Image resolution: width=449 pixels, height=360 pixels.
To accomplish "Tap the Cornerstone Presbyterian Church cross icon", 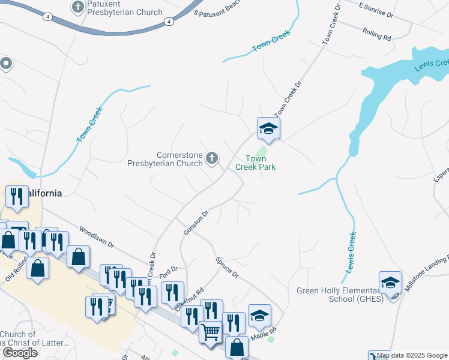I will click(x=211, y=158).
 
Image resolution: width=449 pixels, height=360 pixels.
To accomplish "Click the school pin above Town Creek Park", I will click(x=268, y=128).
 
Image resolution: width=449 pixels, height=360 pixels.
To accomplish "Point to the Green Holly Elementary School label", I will click(x=340, y=295).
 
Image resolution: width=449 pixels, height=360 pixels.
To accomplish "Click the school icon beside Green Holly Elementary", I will click(x=390, y=283).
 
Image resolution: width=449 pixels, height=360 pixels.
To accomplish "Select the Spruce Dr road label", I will click(x=227, y=268).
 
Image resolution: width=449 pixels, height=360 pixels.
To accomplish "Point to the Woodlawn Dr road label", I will click(x=97, y=238).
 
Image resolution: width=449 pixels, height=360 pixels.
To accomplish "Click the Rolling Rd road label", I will click(x=376, y=35).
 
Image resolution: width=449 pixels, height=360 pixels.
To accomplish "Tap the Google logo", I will click(x=20, y=353).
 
